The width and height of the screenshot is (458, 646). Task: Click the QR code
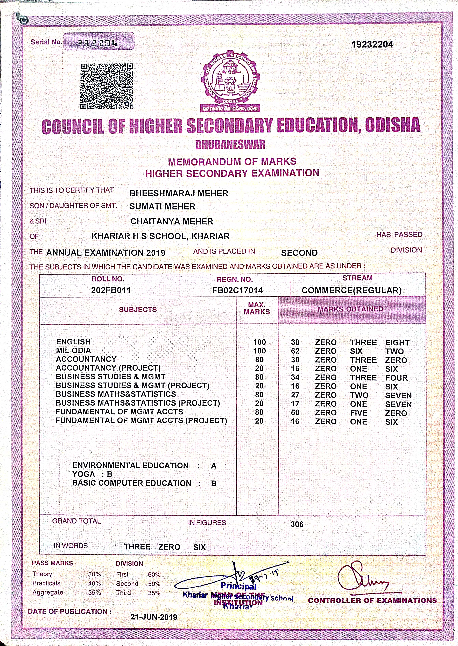tap(106, 86)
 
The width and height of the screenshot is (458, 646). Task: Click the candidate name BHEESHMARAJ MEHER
tap(179, 194)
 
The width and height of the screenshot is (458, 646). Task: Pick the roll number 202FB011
tap(111, 290)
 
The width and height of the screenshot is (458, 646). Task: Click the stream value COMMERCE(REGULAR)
tap(351, 290)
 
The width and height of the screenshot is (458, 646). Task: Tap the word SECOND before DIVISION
tap(299, 253)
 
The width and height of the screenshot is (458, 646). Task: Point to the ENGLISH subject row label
tap(73, 342)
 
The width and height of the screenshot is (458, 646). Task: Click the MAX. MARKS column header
tap(257, 308)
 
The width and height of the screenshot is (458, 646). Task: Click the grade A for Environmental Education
tap(214, 466)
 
